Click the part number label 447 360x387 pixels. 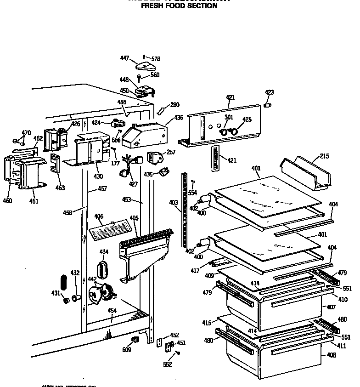point(125,58)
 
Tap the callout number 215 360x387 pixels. point(324,156)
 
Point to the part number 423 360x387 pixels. point(269,92)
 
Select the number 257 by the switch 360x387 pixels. point(171,152)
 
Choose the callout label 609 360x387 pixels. point(127,350)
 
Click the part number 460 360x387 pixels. point(8,200)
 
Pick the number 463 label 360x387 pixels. point(60,188)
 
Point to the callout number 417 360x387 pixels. point(195,271)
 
